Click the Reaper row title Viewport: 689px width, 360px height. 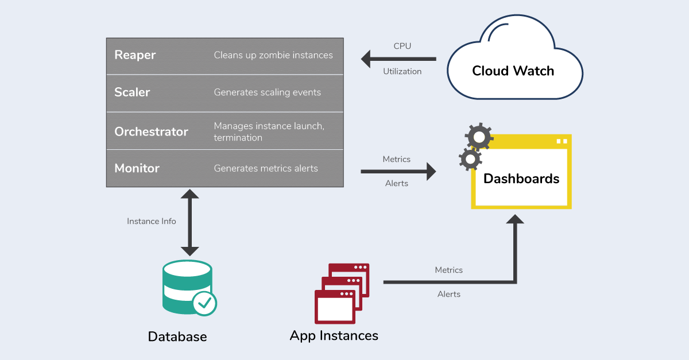[x=135, y=55]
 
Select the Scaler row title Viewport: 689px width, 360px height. [x=132, y=92]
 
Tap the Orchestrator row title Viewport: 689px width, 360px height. [x=151, y=131]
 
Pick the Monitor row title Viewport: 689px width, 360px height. [x=137, y=168]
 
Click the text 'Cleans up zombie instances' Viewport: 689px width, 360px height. [x=273, y=55]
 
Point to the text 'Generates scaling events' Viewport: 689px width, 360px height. [x=267, y=92]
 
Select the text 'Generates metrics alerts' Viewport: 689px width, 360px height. [x=266, y=168]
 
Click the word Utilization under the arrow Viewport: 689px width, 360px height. [x=402, y=72]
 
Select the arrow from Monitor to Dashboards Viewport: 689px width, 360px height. [x=398, y=171]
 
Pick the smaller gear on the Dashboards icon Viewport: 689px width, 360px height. [x=470, y=159]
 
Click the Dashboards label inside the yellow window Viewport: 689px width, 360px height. [x=521, y=179]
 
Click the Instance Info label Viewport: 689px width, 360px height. [x=152, y=221]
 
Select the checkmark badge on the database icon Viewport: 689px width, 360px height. [x=204, y=303]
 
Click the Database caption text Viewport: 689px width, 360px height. [x=177, y=336]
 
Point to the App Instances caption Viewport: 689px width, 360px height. [x=334, y=335]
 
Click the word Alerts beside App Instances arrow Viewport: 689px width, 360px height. [x=449, y=294]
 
